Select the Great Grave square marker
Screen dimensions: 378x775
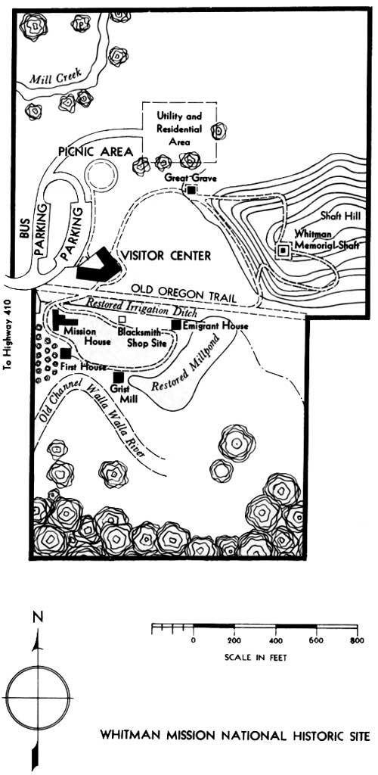[191, 190]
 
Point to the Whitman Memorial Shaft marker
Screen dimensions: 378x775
[283, 251]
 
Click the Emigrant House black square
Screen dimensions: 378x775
[176, 324]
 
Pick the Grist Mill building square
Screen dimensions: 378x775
[118, 378]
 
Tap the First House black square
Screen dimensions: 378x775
[66, 353]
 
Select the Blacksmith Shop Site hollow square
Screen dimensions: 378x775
[122, 320]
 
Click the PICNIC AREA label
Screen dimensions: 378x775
[96, 151]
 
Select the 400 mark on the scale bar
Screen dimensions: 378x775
[276, 640]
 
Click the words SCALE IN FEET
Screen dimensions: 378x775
[256, 658]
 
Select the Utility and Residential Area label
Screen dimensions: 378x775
[179, 129]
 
